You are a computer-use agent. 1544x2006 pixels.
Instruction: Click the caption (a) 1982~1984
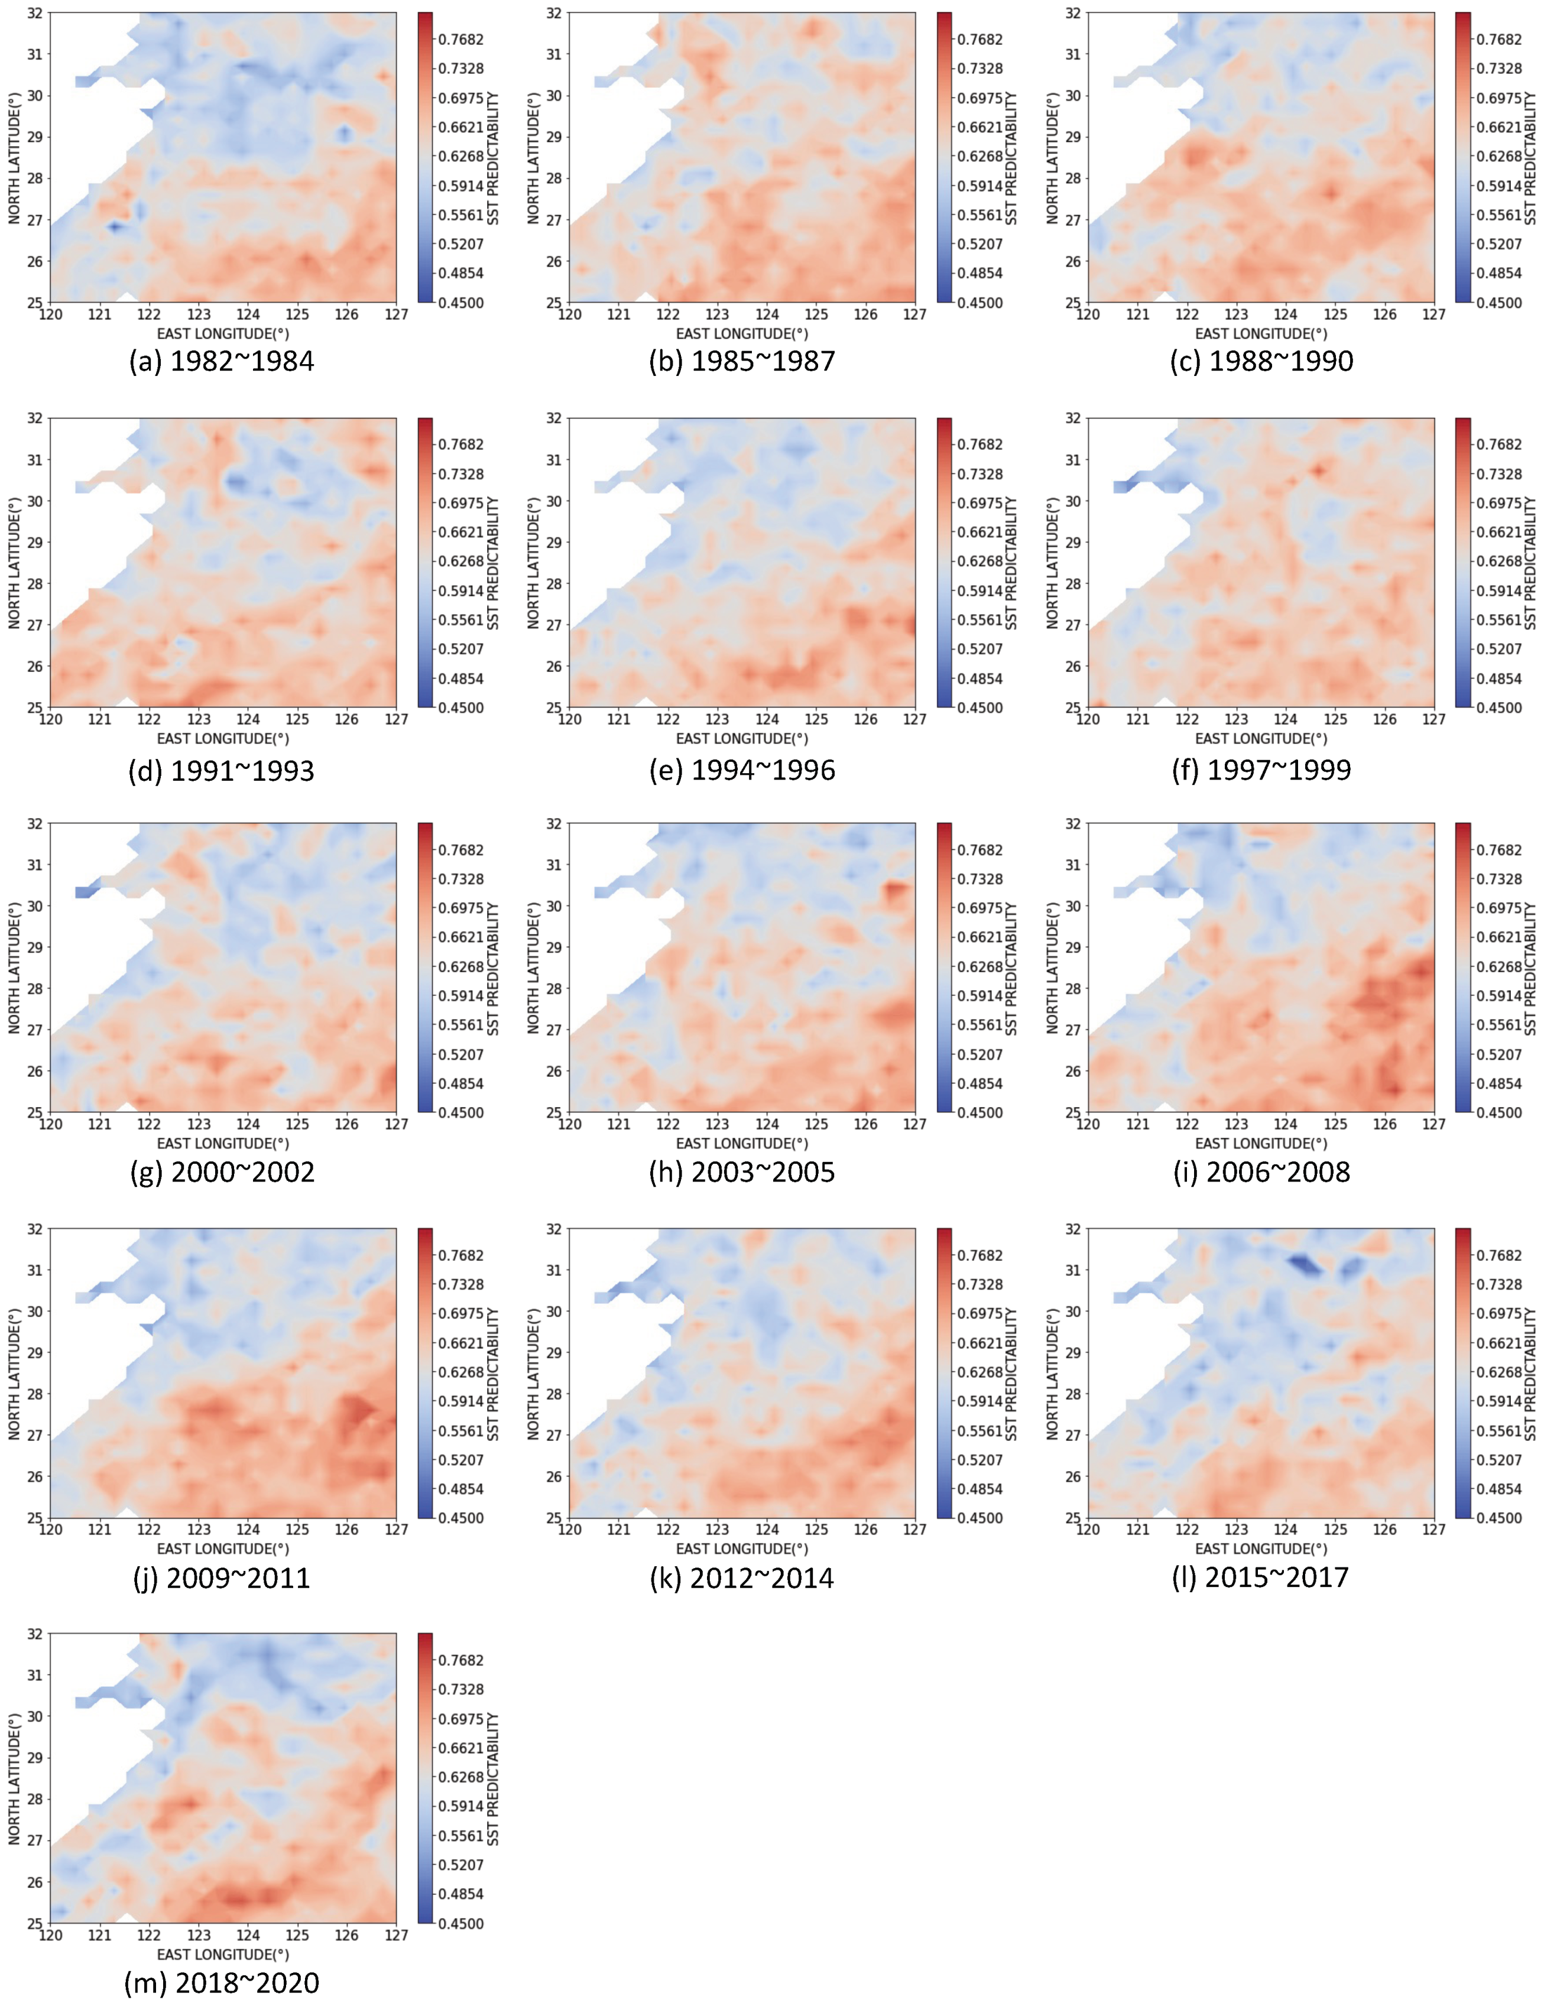pos(221,361)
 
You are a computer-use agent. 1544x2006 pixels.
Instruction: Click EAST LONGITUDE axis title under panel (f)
pos(1261,738)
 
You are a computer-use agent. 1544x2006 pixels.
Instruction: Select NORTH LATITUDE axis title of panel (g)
pos(15,967)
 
